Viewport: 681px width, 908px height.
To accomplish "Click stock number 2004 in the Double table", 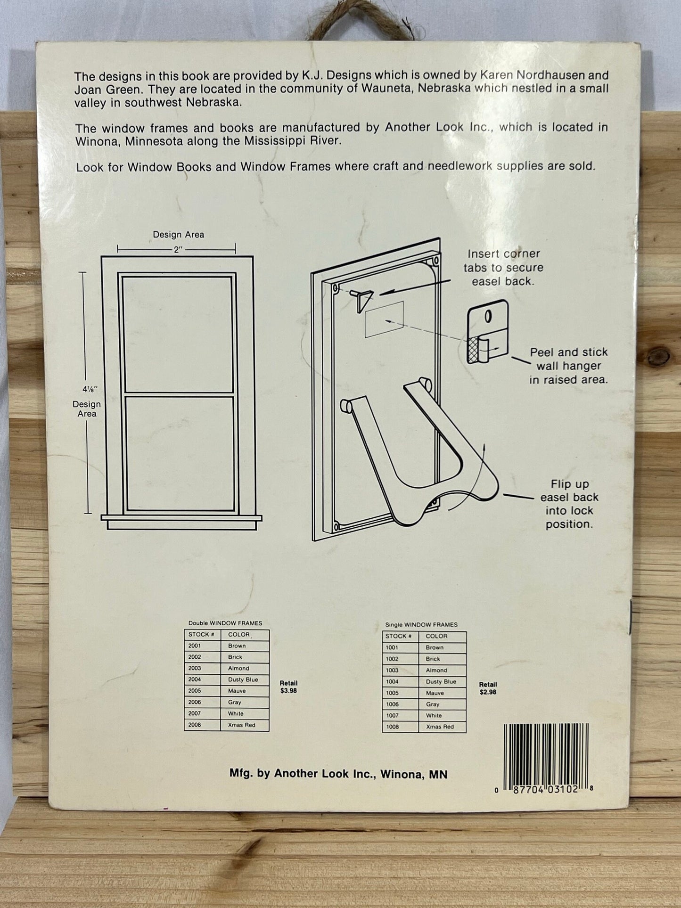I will (195, 679).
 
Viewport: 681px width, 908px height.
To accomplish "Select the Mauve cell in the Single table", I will (435, 693).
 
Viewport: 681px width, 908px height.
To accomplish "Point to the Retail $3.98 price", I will (288, 687).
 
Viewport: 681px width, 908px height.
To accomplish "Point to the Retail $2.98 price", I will (488, 688).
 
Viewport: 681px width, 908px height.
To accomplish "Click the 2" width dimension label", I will (178, 250).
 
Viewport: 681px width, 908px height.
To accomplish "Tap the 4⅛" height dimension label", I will (87, 390).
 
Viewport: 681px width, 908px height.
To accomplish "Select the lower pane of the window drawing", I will (179, 453).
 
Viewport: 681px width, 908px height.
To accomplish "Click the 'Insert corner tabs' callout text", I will (503, 267).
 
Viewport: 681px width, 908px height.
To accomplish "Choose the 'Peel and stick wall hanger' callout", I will (568, 366).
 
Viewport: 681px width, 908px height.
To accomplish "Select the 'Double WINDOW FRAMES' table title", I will (225, 623).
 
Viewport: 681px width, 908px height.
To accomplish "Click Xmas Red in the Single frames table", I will (439, 727).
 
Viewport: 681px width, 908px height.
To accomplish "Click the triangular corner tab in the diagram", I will (363, 298).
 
